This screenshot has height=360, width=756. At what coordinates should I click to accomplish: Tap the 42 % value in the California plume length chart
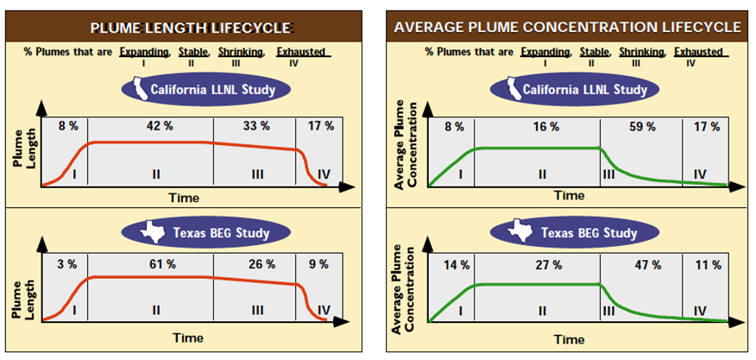(x=155, y=127)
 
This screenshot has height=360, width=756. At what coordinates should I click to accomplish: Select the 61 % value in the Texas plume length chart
(x=155, y=262)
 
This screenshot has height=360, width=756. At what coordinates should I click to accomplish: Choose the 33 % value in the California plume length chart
(x=256, y=127)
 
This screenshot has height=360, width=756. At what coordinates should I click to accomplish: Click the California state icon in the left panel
(x=137, y=87)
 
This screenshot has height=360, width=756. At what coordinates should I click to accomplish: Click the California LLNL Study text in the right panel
(x=582, y=89)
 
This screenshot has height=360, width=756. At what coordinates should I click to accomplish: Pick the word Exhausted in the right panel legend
(x=699, y=52)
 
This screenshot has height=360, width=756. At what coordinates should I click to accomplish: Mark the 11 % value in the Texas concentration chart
(x=708, y=264)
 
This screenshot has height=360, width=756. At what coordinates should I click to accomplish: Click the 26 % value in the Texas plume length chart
(x=256, y=262)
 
